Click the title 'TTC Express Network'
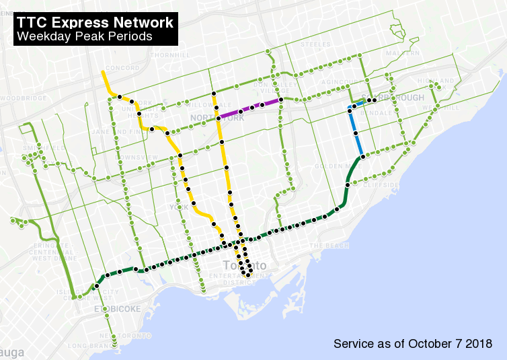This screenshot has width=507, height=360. tap(95, 22)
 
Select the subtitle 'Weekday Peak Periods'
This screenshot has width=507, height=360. tap(85, 36)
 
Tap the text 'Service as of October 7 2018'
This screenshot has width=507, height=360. tap(413, 344)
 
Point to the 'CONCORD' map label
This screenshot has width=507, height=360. tap(122, 68)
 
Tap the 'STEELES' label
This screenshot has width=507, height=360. tap(316, 44)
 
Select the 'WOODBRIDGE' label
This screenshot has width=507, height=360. tap(24, 98)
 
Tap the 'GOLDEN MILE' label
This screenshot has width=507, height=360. tap(327, 166)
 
